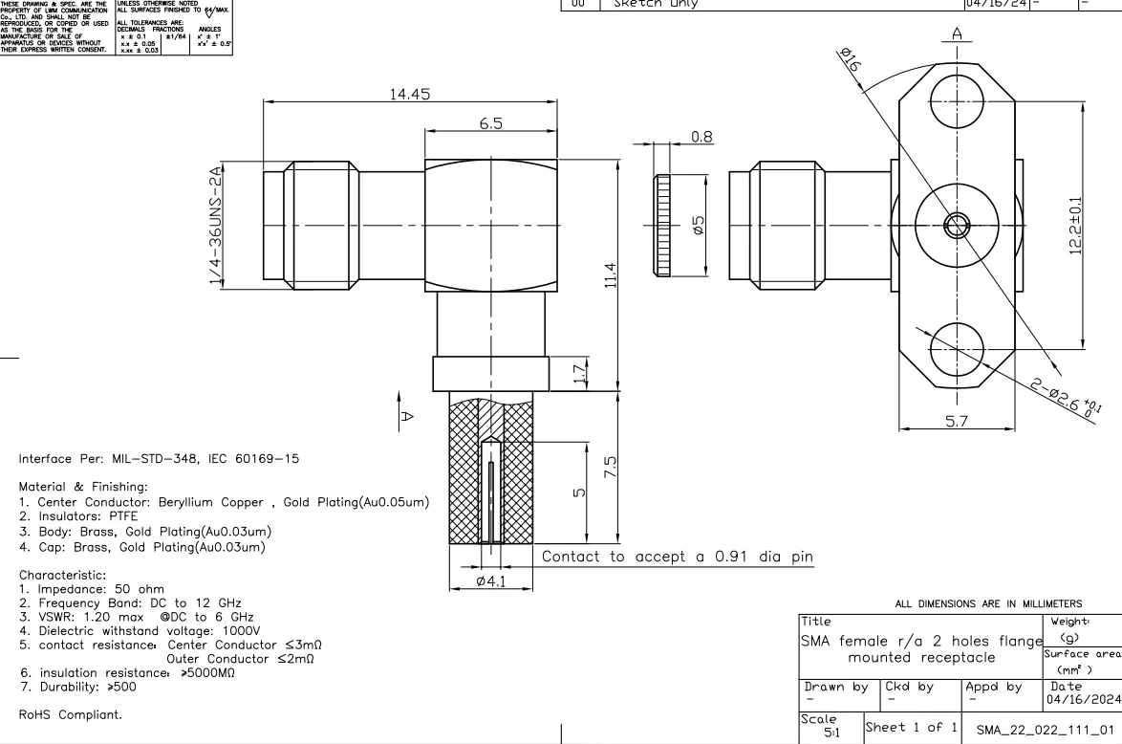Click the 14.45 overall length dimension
pos(410,94)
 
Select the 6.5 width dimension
pos(491,123)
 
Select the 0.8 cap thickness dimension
pos(701,137)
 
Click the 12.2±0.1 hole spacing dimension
pos(1076,227)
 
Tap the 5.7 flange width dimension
pos(957,421)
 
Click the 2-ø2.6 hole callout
pos(1066,395)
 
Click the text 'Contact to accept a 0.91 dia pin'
pos(678,556)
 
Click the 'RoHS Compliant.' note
pos(71,714)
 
